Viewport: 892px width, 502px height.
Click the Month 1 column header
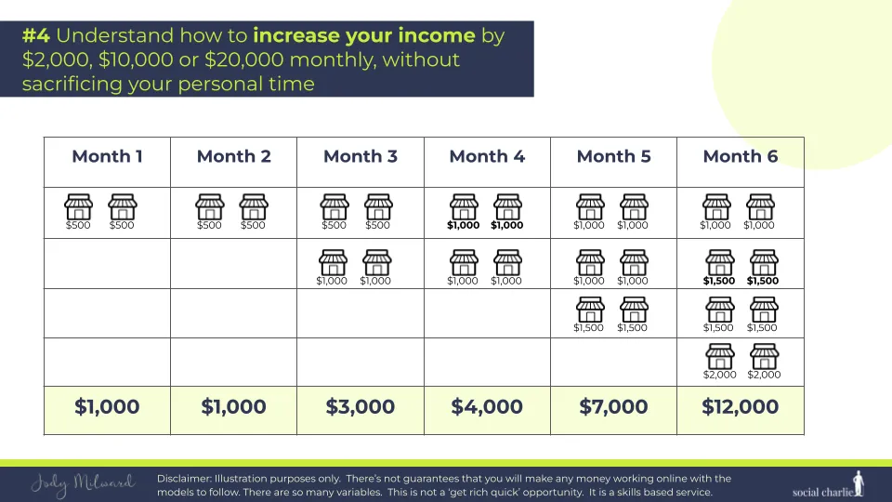[107, 156]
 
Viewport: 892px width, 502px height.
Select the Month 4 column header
[487, 156]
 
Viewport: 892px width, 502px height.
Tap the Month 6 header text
[741, 156]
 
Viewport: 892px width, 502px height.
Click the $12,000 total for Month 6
[741, 407]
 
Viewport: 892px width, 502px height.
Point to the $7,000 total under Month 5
[613, 407]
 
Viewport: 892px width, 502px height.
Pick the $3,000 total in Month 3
[361, 407]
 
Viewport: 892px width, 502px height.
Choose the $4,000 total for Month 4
[487, 407]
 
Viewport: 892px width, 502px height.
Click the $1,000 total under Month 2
[233, 407]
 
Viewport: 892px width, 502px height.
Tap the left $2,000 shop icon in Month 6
[720, 356]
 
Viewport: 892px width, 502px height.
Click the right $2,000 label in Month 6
[764, 375]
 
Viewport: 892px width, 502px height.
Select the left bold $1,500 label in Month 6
[719, 281]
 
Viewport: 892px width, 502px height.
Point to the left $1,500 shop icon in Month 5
[590, 310]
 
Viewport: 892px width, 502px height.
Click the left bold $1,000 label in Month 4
[463, 225]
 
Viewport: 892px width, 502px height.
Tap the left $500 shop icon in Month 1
[78, 206]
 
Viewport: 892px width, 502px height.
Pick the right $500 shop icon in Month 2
[253, 206]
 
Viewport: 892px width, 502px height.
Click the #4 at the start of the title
[36, 36]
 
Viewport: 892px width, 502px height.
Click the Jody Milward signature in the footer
[83, 484]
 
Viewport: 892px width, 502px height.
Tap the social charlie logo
[828, 485]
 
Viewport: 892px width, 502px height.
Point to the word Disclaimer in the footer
[183, 479]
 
